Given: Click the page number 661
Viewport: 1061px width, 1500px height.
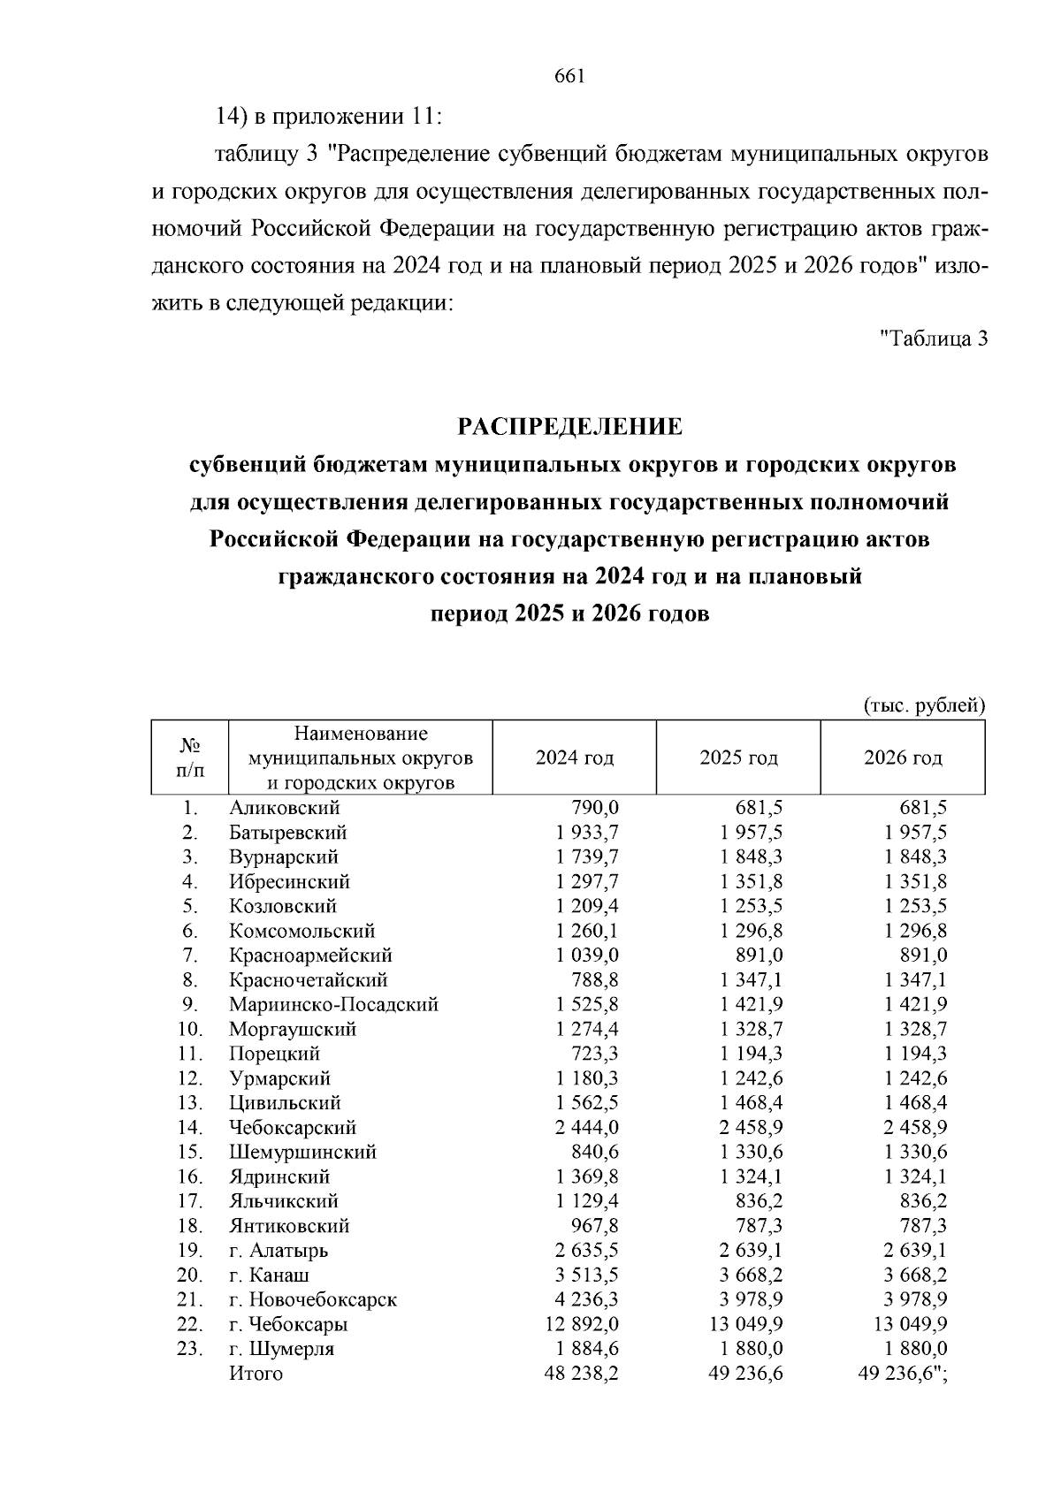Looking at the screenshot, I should click(x=569, y=77).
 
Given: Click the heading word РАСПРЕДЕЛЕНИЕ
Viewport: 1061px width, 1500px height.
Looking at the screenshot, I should click(x=569, y=427).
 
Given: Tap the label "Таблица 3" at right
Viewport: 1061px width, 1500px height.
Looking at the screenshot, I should click(x=934, y=338).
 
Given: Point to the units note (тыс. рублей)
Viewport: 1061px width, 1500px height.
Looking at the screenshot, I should click(x=923, y=705).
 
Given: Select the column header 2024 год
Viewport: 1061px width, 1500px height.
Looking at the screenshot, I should click(x=575, y=758).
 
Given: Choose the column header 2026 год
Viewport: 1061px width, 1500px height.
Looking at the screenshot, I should click(x=903, y=758).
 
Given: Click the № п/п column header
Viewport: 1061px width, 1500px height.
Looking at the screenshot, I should click(x=189, y=758).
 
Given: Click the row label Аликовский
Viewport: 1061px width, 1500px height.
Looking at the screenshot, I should click(x=284, y=808).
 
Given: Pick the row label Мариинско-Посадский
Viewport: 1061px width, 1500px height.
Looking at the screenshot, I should click(x=333, y=1005).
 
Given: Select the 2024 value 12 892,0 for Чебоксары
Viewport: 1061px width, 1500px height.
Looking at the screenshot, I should click(x=582, y=1325).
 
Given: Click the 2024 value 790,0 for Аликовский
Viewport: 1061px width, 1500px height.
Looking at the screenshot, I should click(x=595, y=808).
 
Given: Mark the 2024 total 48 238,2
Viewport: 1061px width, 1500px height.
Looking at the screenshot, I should click(x=582, y=1374).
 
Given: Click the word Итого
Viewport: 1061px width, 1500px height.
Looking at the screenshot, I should click(x=256, y=1374).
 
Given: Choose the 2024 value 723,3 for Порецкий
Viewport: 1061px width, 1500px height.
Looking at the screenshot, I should click(x=595, y=1055).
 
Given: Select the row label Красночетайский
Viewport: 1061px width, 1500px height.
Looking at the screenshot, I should click(x=308, y=980).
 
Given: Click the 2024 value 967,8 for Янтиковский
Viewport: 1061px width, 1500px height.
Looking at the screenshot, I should click(x=595, y=1226).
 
